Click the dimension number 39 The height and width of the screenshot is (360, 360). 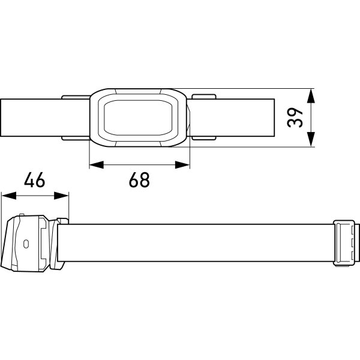pyautogui.click(x=295, y=118)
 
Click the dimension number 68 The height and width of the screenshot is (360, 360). pyautogui.click(x=139, y=180)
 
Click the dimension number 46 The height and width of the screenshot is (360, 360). pyautogui.click(x=34, y=179)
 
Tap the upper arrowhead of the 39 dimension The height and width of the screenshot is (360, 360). pyautogui.click(x=311, y=96)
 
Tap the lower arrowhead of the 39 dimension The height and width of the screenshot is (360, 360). pyautogui.click(x=311, y=139)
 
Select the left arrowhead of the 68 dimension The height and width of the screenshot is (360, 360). pyautogui.click(x=97, y=164)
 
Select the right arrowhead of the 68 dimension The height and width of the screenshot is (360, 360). pyautogui.click(x=182, y=164)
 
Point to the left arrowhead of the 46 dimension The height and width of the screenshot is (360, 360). pyautogui.click(x=9, y=196)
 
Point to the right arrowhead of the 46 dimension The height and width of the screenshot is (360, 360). pyautogui.click(x=61, y=196)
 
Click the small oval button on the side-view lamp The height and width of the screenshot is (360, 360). pyautogui.click(x=26, y=244)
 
